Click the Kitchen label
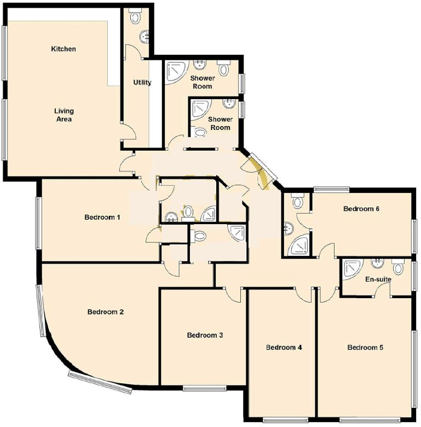[x=64, y=49]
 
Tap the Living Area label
[x=64, y=115]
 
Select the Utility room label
[x=142, y=83]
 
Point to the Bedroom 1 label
[x=102, y=217]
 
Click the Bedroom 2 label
[x=106, y=312]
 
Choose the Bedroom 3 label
[x=205, y=335]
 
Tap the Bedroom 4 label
[x=284, y=347]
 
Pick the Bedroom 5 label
[x=365, y=347]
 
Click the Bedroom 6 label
[x=361, y=208]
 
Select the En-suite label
[x=378, y=279]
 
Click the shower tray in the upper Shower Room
[x=176, y=71]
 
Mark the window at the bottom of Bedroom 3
[x=204, y=389]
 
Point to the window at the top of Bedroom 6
[x=331, y=190]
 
